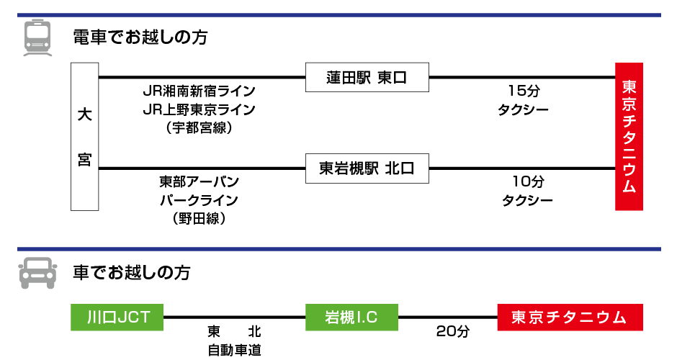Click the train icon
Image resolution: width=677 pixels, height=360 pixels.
pos(38,38)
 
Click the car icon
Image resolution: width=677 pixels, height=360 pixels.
pos(37,273)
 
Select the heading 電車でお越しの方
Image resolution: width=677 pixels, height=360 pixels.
pos(140,37)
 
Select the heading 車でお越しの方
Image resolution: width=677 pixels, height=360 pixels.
pos(132,273)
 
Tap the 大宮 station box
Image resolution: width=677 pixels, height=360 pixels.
pos(84,137)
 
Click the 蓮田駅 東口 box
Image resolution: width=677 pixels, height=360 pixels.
pos(367,78)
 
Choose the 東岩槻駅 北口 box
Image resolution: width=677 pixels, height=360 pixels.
pos(367,168)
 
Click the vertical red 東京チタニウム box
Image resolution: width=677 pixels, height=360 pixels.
pos(629,137)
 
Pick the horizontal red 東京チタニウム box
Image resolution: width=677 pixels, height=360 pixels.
pos(570,317)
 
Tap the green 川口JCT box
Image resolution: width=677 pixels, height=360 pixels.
pos(117,317)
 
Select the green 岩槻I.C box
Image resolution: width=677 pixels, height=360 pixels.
pos(351,317)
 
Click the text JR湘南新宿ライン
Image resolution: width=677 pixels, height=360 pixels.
pos(199,91)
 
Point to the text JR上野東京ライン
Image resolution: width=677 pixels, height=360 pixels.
pos(199,109)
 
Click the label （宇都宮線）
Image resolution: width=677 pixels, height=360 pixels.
pos(199,128)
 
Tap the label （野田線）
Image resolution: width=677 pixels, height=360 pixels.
pos(199,218)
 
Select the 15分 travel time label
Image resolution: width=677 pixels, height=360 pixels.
pos(523,91)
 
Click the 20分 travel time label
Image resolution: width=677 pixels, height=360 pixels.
pos(452,332)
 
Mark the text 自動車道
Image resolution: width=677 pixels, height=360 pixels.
pos(235,351)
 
